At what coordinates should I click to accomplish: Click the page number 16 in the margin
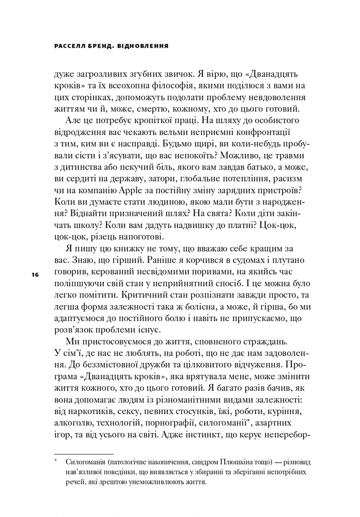click(35, 274)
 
